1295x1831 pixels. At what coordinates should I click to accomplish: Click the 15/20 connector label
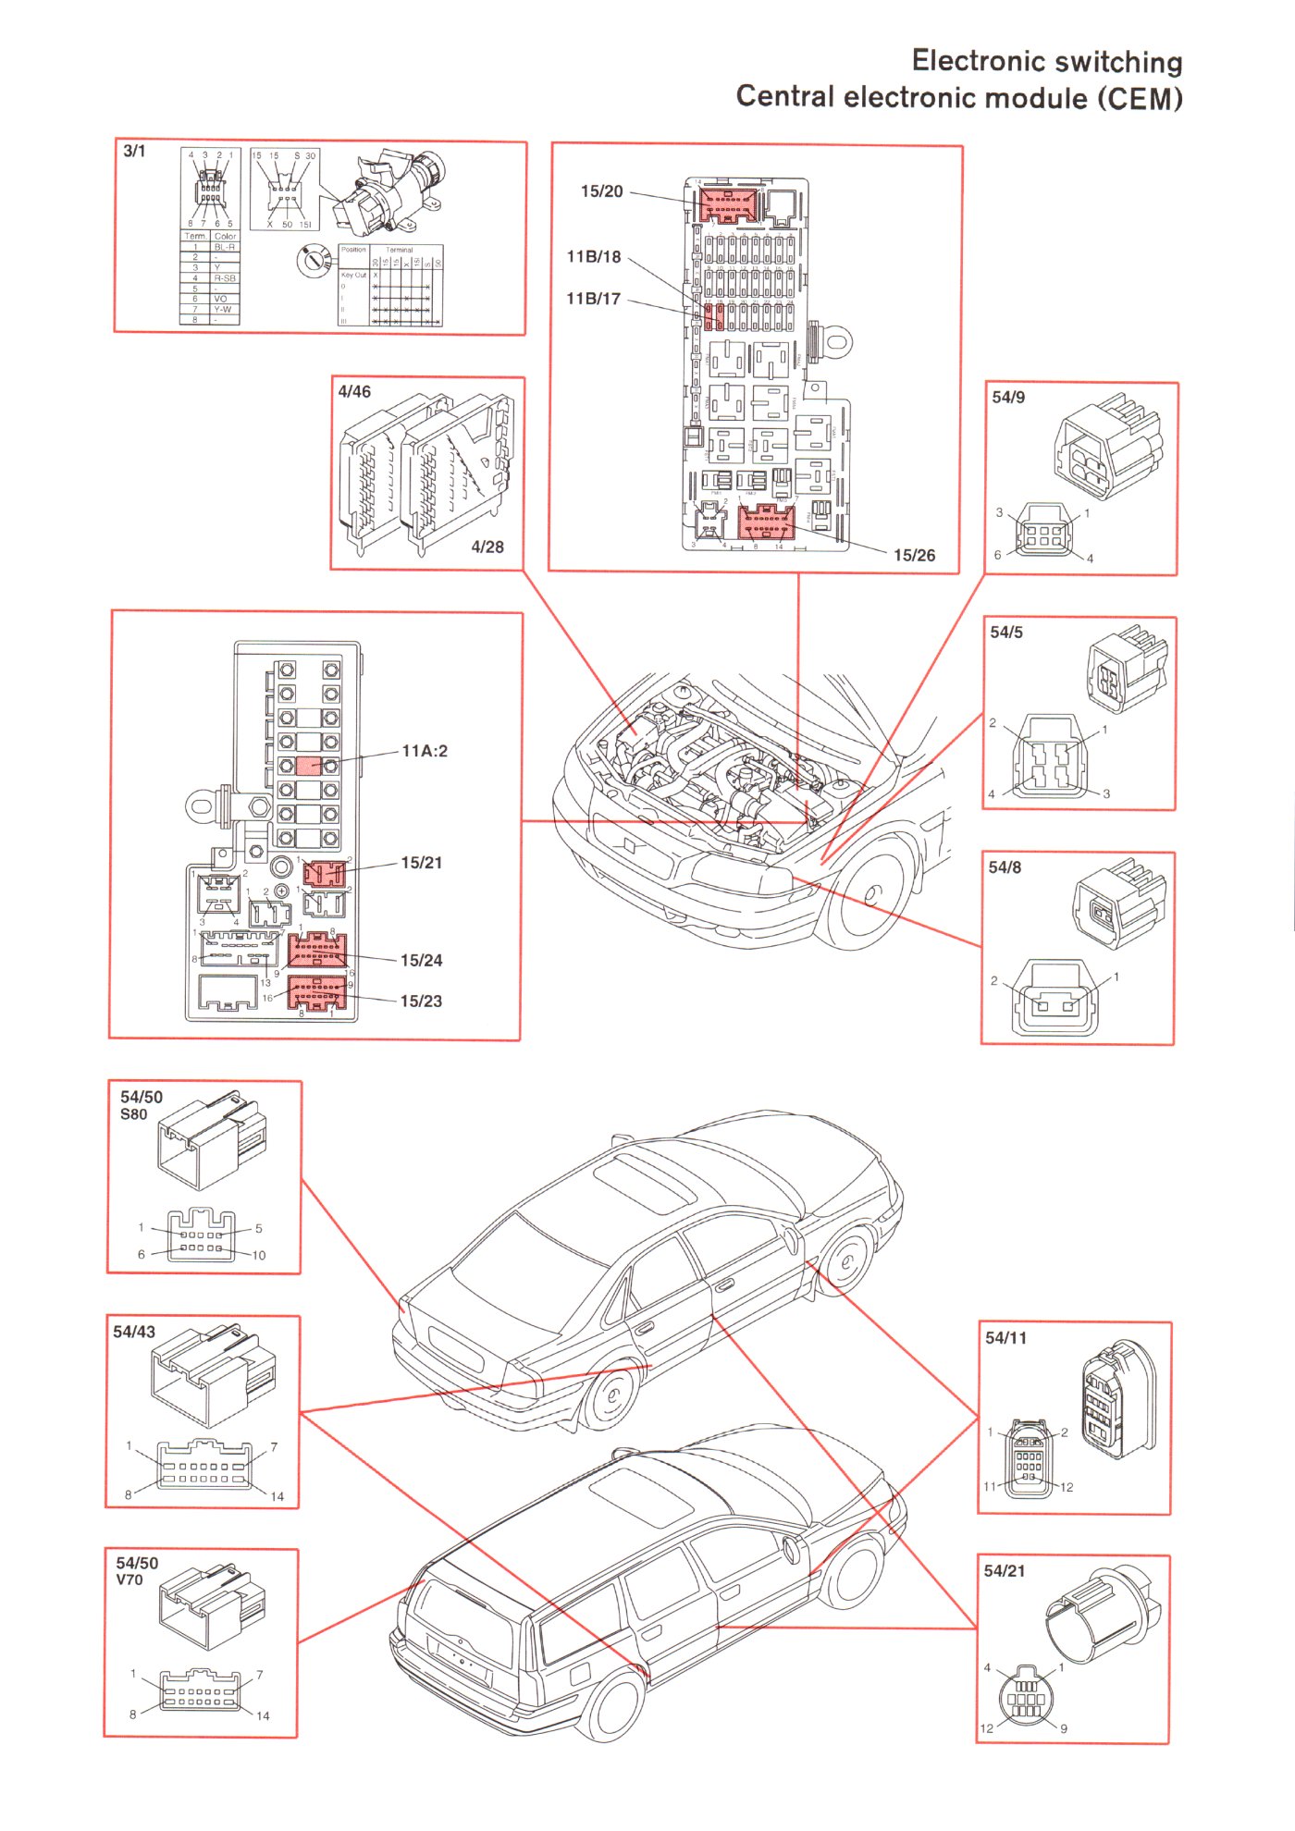[x=601, y=191]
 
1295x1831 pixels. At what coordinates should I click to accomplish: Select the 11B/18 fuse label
[x=594, y=257]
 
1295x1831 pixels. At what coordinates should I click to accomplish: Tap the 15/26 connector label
[x=914, y=555]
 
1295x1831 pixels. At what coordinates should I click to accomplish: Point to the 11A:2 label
[x=425, y=751]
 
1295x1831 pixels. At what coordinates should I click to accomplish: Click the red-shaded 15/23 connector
[x=317, y=994]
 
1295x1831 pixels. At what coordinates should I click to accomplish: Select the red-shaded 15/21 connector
[x=325, y=872]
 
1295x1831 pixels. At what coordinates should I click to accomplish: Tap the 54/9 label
[x=1008, y=398]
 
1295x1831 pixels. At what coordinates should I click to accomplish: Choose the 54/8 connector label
[x=1005, y=867]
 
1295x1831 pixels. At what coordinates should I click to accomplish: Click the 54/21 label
[x=1004, y=1571]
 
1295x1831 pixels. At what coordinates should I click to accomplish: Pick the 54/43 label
[x=134, y=1332]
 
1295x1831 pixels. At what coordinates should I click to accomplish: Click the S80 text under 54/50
[x=134, y=1114]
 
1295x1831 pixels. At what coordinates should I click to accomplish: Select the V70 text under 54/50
[x=129, y=1579]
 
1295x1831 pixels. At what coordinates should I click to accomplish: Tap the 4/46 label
[x=354, y=392]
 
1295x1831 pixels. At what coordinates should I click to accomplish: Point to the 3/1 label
[x=134, y=151]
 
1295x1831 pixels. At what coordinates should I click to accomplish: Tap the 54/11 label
[x=1005, y=1338]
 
